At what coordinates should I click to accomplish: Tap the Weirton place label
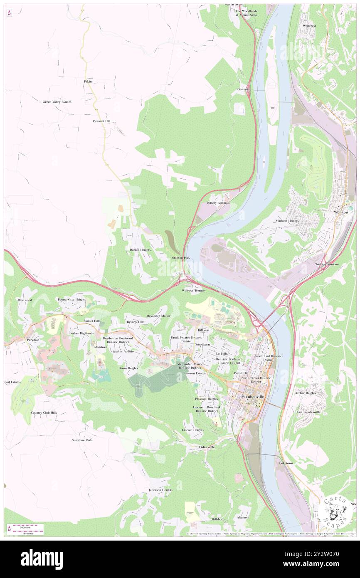340,212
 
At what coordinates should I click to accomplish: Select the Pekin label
88,82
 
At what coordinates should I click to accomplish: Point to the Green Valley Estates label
57,101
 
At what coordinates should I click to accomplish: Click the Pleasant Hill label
101,121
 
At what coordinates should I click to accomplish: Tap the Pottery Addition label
218,203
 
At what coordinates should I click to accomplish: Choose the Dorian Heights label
140,249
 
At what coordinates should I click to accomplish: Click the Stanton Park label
181,258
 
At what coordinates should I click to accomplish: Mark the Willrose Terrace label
193,290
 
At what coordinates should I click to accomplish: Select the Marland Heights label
287,221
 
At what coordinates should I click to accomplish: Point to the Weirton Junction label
327,264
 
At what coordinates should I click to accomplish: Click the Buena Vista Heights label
72,299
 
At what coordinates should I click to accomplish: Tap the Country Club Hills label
44,413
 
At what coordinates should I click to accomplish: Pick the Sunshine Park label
81,440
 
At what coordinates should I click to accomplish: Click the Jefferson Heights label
160,490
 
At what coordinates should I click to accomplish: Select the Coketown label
286,463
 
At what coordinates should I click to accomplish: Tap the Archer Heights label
306,393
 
